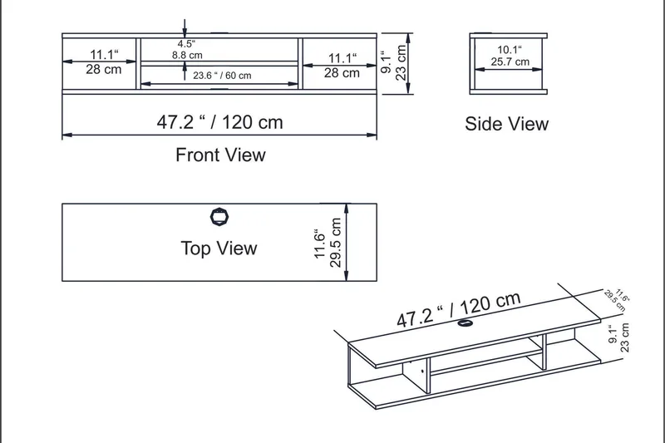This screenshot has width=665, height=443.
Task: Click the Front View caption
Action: tap(220, 155)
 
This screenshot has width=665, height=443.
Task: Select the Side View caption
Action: tap(506, 124)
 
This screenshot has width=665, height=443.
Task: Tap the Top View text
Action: tap(219, 249)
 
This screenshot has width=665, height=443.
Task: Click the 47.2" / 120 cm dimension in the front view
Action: tap(220, 122)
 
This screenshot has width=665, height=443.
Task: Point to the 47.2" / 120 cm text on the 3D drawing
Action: tap(458, 309)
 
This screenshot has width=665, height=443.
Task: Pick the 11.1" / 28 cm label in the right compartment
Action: tap(342, 66)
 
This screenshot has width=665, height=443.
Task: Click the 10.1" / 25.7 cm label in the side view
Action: tap(510, 56)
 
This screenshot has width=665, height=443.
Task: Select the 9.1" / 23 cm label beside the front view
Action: tap(394, 63)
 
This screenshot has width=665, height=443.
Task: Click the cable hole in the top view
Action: tap(219, 217)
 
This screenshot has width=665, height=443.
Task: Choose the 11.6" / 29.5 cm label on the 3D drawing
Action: tap(618, 297)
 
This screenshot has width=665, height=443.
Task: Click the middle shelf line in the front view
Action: tap(219, 62)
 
